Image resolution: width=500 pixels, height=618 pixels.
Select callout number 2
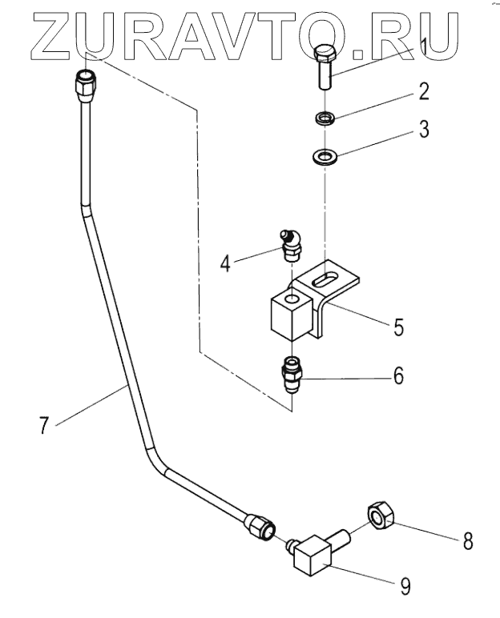tap(423, 91)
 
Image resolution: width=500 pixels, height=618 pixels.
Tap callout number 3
tap(424, 129)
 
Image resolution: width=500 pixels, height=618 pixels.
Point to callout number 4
tap(225, 263)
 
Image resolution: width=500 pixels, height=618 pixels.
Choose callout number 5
tap(398, 327)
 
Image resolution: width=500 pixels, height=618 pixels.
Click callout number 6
tap(398, 375)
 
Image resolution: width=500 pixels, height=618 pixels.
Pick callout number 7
tap(44, 425)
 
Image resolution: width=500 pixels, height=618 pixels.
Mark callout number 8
tap(467, 540)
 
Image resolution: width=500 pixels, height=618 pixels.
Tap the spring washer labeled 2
tap(325, 117)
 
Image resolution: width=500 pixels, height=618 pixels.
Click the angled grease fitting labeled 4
tap(291, 244)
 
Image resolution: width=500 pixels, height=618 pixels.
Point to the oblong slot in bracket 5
tap(324, 279)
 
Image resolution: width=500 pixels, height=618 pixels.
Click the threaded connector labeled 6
tap(292, 375)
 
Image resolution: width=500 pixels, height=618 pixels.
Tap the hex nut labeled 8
tap(381, 516)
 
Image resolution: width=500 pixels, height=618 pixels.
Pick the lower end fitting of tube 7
tap(260, 527)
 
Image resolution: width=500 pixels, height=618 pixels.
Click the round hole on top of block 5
tap(292, 298)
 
